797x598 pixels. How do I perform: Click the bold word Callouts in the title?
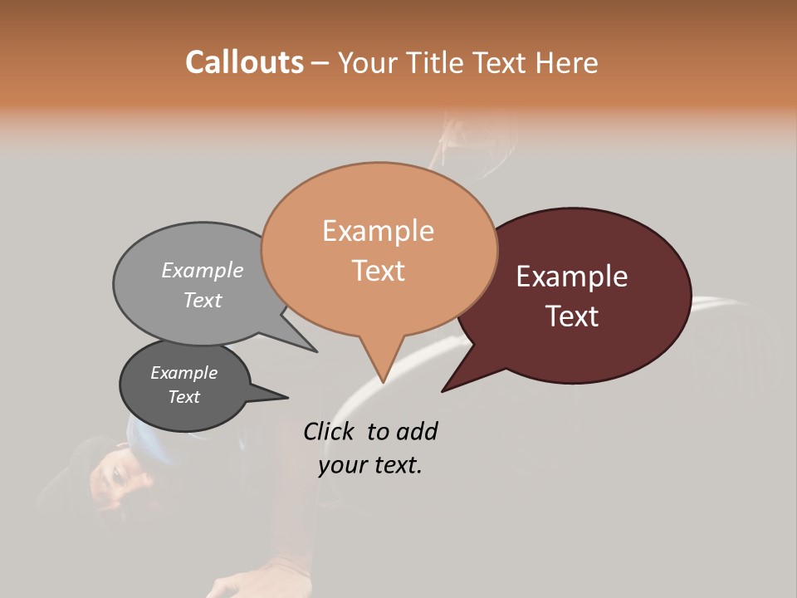244,62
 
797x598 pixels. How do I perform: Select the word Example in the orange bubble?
378,231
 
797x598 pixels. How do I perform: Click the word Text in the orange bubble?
378,271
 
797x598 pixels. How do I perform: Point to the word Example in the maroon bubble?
572,277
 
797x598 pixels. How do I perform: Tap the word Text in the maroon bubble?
573,316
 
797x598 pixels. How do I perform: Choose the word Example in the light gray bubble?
203,271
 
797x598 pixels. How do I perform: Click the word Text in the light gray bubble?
203,301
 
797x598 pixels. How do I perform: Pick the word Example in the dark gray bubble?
184,373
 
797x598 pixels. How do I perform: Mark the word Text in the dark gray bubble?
184,397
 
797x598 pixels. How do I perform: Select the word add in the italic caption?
416,431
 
